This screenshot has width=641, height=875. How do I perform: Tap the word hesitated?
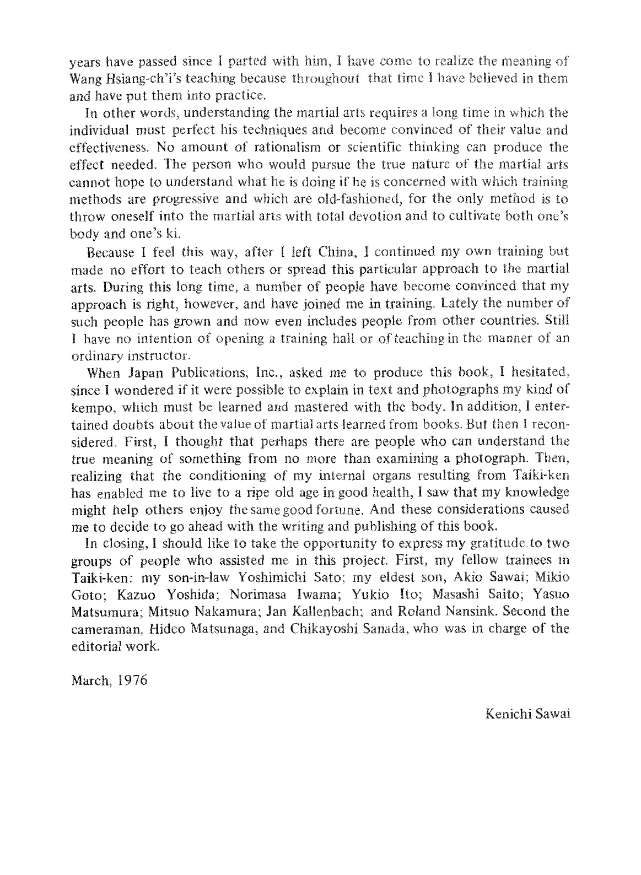tap(536, 372)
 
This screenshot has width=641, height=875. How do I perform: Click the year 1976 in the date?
tap(134, 679)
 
